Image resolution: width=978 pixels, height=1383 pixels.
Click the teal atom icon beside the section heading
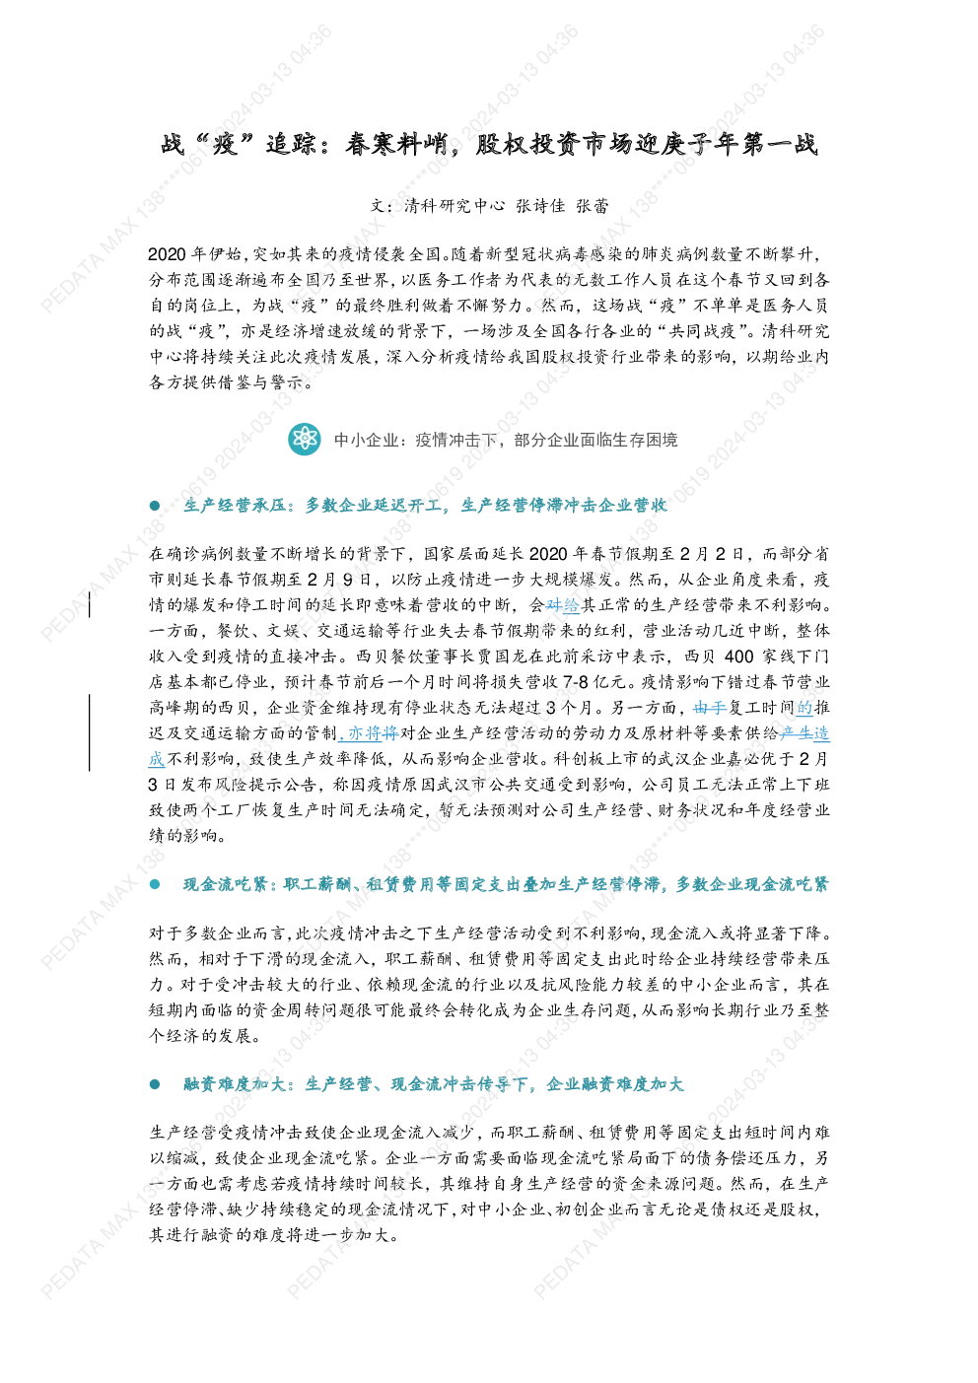(x=305, y=440)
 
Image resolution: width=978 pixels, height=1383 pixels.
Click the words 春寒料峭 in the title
(x=395, y=145)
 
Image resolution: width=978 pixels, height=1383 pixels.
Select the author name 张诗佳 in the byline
(x=540, y=206)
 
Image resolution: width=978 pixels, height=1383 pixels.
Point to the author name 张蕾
(x=593, y=206)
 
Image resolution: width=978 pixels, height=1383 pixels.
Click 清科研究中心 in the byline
(x=454, y=206)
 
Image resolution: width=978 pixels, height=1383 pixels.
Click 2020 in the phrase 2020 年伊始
(x=168, y=254)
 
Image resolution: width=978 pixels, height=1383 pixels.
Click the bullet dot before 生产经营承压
(x=155, y=506)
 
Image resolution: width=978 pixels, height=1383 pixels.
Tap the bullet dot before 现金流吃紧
(x=155, y=885)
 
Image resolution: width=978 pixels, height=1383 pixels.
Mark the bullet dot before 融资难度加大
(x=155, y=1084)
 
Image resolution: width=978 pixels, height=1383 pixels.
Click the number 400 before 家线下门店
(x=739, y=657)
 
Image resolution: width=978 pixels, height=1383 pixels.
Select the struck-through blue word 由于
(x=710, y=708)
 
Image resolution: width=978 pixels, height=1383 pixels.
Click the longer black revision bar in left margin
(x=90, y=732)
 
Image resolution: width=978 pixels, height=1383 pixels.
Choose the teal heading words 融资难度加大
(x=234, y=1084)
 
